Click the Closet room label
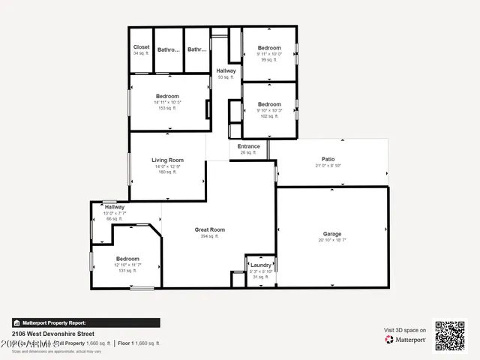tap(141, 47)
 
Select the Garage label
tap(331, 234)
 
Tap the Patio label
tap(328, 159)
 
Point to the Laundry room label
tap(260, 265)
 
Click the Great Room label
tap(209, 229)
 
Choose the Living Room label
tap(167, 160)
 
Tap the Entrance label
tap(248, 146)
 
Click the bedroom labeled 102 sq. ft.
tap(269, 104)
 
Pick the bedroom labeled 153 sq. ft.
tap(167, 96)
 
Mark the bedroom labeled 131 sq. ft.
tap(127, 259)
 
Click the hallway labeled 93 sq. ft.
tap(226, 70)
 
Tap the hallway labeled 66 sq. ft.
tap(115, 207)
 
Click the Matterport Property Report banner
tap(86, 322)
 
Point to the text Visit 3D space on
tap(405, 330)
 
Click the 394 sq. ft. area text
tap(209, 236)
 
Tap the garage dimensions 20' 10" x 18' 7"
tap(331, 240)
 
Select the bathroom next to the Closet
tap(169, 50)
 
